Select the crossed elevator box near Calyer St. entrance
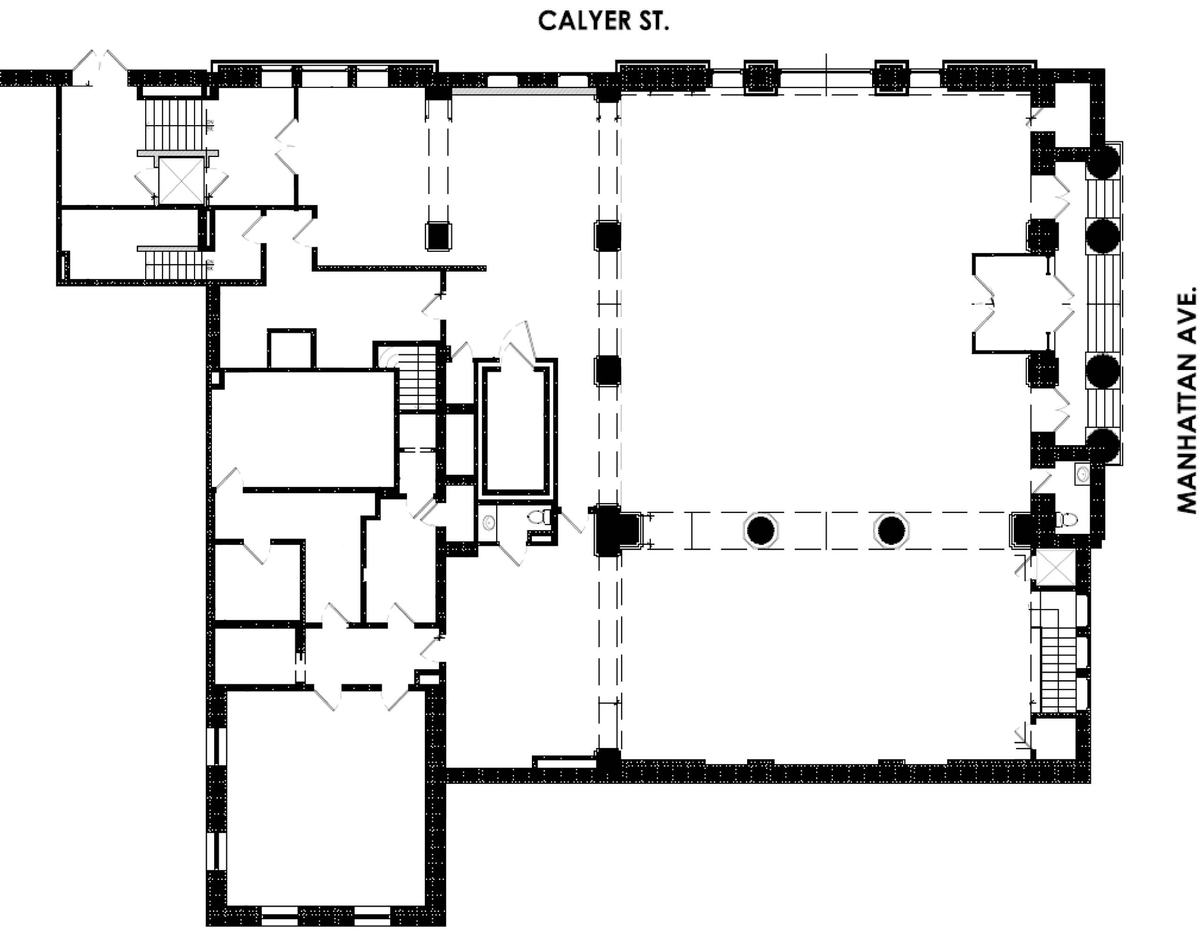(x=181, y=181)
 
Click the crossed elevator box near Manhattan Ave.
(x=1055, y=567)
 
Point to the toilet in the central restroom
(x=541, y=517)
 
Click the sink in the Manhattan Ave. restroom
(x=1083, y=474)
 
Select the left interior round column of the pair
(x=761, y=530)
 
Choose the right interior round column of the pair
(x=891, y=530)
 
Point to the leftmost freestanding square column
(x=438, y=236)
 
